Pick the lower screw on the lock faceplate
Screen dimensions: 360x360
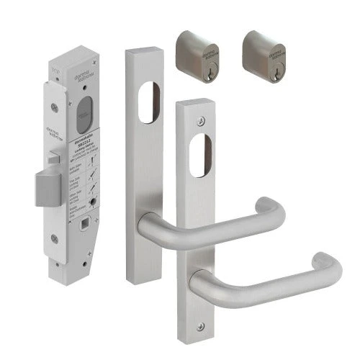pos(55,254)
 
